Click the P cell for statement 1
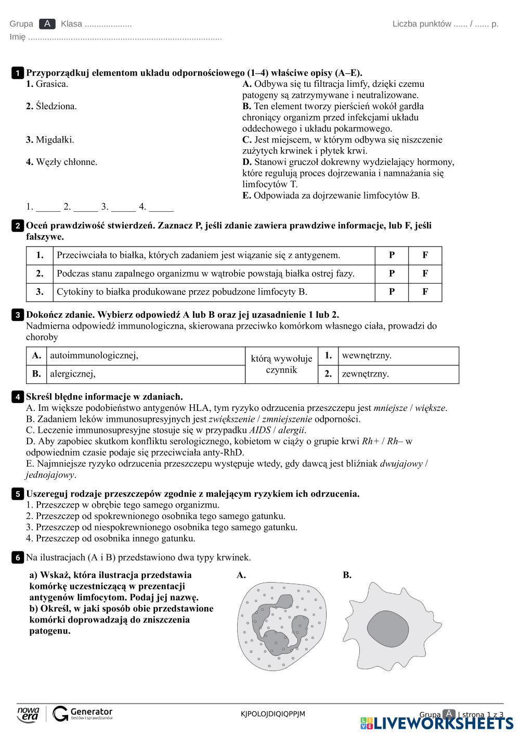click(392, 255)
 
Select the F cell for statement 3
click(425, 292)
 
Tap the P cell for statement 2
click(392, 274)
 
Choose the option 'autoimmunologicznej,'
click(94, 356)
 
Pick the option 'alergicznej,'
click(73, 374)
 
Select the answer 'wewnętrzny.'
click(367, 356)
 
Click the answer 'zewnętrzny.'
click(366, 374)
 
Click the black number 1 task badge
click(17, 73)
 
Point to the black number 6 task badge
click(17, 558)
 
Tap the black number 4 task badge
click(17, 397)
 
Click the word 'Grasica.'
click(51, 84)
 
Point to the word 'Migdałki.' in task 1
click(55, 139)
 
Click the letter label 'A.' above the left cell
click(241, 575)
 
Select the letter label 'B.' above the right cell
click(347, 575)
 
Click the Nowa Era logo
click(28, 714)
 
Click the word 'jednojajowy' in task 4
click(50, 475)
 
